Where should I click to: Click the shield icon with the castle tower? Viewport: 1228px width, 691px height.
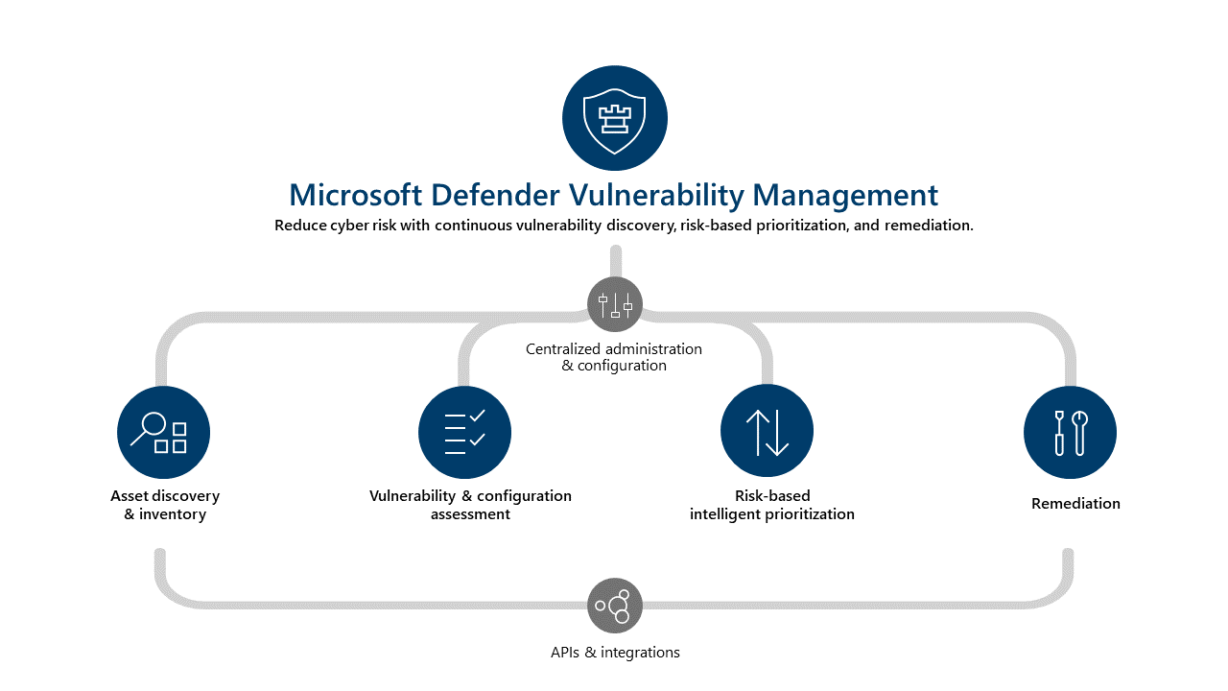click(614, 118)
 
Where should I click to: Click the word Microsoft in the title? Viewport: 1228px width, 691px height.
click(355, 196)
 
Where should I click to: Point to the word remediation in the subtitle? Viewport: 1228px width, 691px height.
click(923, 226)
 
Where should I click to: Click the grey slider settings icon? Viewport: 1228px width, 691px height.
click(614, 304)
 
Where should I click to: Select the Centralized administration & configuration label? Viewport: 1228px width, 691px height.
click(614, 357)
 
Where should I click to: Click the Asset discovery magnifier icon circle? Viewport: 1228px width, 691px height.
click(163, 432)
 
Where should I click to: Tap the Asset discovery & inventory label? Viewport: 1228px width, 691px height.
click(165, 505)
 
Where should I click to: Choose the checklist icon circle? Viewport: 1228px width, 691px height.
click(465, 432)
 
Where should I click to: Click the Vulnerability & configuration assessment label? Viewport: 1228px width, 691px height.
click(470, 505)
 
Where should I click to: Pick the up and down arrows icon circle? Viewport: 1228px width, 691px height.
click(767, 432)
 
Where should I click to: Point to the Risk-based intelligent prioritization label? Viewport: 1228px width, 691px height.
click(772, 505)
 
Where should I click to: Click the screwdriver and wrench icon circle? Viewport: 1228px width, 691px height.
click(1070, 432)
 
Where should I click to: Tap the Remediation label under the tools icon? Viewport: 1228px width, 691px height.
click(1075, 504)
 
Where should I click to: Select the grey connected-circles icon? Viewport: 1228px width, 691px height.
click(614, 606)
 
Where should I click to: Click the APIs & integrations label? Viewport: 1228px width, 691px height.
click(615, 653)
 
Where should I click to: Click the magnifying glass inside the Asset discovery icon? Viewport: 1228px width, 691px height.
click(149, 428)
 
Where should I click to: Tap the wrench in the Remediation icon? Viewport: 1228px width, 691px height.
click(1079, 432)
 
